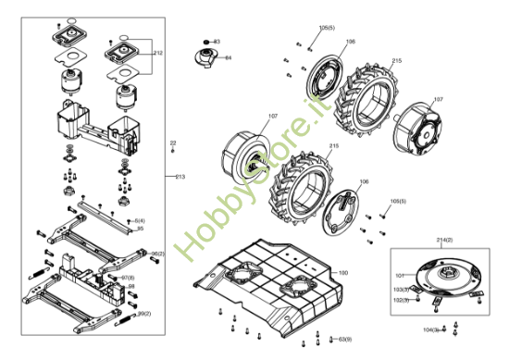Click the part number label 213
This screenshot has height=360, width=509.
click(x=180, y=176)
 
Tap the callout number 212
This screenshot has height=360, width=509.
click(x=158, y=54)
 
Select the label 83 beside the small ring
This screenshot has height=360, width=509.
click(x=217, y=42)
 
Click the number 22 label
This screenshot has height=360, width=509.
click(x=172, y=143)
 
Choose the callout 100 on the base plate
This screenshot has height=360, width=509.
click(x=342, y=272)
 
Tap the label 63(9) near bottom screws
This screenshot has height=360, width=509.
click(x=345, y=339)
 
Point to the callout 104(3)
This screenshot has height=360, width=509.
click(x=431, y=329)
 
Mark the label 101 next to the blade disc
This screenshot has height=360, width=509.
click(x=400, y=275)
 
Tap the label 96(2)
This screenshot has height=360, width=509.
click(x=156, y=253)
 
